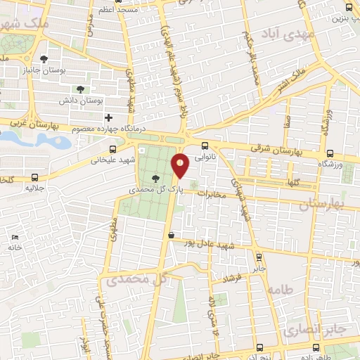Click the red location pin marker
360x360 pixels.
181,167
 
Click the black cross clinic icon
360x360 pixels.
108,117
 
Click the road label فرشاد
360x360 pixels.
233,278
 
